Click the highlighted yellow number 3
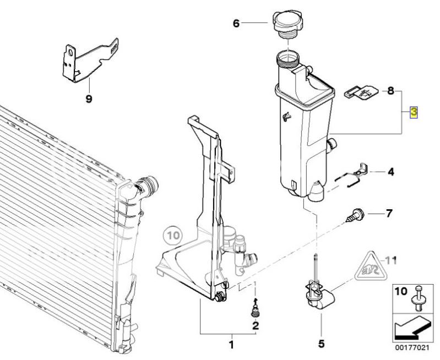coord(414,112)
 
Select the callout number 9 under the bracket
coord(89,99)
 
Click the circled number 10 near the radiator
coord(173,235)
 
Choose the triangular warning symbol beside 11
coord(371,266)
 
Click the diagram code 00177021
coord(412,348)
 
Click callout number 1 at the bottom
coord(231,344)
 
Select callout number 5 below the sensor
coord(321,343)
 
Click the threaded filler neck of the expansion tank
coord(288,59)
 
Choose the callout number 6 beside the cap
coord(236,23)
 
